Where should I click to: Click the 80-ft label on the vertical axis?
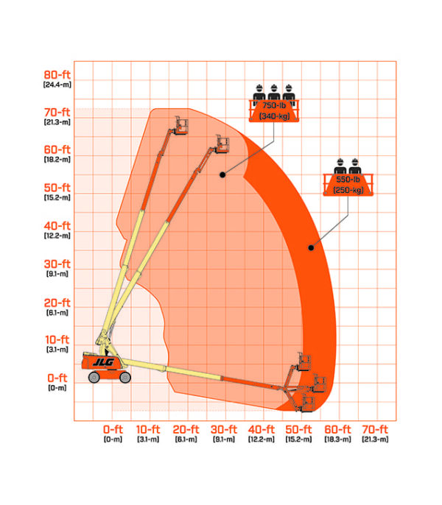[x=57, y=75]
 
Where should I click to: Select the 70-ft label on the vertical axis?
[x=57, y=112]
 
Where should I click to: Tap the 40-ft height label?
[x=57, y=225]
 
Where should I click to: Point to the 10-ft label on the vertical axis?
[x=57, y=339]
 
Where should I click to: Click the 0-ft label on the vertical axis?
[x=57, y=378]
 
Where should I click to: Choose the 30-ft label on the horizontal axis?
[x=224, y=429]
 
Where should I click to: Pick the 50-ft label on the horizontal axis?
[x=298, y=429]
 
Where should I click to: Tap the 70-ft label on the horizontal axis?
[x=375, y=429]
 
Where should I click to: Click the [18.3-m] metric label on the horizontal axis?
[x=337, y=439]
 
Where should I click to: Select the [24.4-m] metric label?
[x=57, y=85]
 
